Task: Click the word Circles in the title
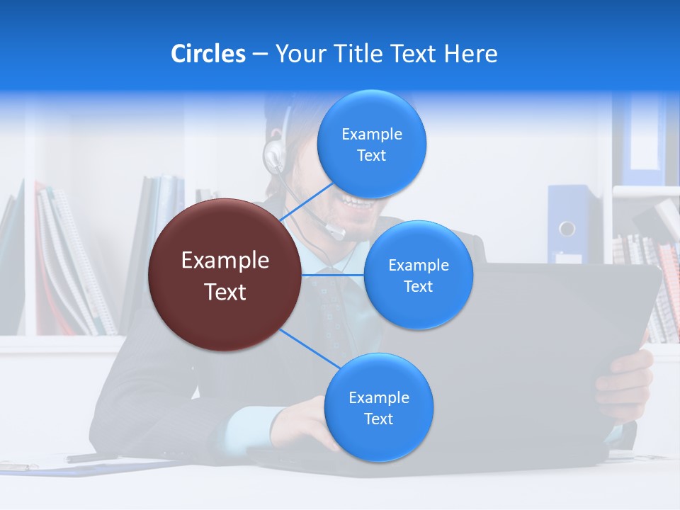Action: pos(208,54)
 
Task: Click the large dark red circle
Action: pos(225,275)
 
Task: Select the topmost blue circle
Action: pos(372,144)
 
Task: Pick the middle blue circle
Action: pos(418,275)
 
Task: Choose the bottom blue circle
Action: pos(378,407)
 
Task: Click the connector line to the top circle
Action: pos(306,202)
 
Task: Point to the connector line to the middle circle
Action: pos(333,275)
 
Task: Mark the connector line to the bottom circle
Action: pos(309,348)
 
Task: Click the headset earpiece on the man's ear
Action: pos(273,154)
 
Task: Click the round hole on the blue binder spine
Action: pos(567,228)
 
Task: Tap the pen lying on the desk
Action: pos(92,458)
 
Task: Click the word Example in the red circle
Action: pos(225,261)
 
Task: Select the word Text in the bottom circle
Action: pos(378,419)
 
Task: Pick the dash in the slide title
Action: pos(260,55)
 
